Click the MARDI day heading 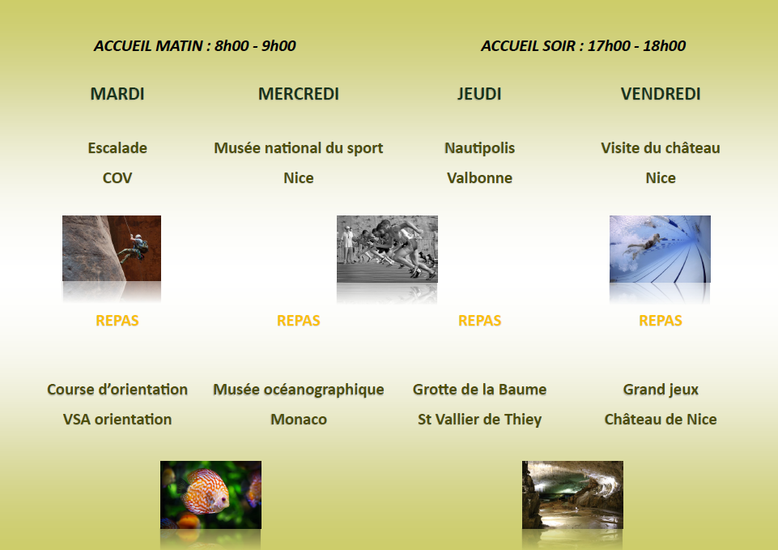117,94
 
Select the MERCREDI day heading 298,94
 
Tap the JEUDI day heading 479,94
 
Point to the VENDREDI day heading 661,94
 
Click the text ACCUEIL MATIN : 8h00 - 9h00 195,45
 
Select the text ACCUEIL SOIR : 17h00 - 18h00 583,45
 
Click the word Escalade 117,148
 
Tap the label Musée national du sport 298,148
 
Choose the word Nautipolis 479,148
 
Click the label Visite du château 661,148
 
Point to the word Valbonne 479,177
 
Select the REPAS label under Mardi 117,321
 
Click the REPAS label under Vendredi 661,321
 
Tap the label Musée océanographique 298,390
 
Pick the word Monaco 298,420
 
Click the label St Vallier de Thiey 479,420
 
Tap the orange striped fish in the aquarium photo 206,492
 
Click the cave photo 572,495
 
